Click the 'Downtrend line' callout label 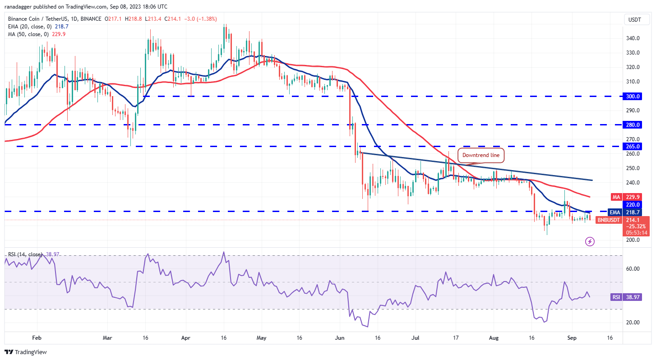[x=481, y=156]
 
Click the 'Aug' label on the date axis [x=494, y=337]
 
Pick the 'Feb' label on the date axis [x=37, y=337]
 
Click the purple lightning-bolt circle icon [x=590, y=241]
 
